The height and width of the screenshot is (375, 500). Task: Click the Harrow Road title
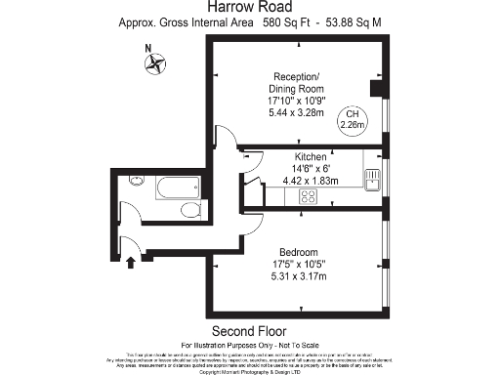point(249,8)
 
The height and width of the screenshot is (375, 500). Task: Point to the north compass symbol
point(153,64)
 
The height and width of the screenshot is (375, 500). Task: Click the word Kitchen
point(310,156)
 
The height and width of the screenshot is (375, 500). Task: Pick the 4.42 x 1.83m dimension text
point(310,180)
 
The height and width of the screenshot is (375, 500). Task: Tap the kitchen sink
point(372,178)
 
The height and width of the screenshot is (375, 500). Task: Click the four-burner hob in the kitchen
point(309,195)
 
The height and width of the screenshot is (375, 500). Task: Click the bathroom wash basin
point(137,181)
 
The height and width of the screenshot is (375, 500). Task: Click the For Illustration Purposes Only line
point(249,345)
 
